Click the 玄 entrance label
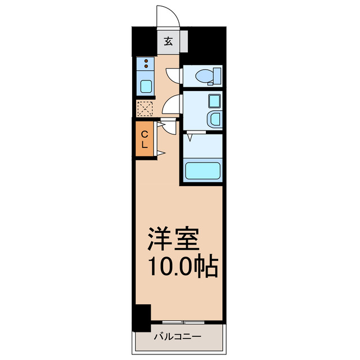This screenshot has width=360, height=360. [x=168, y=41]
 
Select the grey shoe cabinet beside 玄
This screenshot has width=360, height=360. [x=184, y=41]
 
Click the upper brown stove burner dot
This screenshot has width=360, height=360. [x=146, y=61]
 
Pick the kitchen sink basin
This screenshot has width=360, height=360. [x=146, y=86]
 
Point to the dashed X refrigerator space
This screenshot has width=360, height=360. [x=145, y=109]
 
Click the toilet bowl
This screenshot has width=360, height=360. [x=204, y=75]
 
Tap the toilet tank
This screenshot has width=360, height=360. [x=217, y=75]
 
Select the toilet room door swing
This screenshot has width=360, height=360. [x=173, y=76]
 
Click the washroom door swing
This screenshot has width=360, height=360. [x=171, y=104]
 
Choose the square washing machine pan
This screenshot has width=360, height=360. [x=214, y=101]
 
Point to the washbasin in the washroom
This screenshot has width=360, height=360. [x=215, y=119]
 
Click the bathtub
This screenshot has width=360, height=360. [x=202, y=171]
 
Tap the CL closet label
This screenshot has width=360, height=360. [x=144, y=139]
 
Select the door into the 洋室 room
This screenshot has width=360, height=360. [x=169, y=126]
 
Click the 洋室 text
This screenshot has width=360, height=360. [x=173, y=238]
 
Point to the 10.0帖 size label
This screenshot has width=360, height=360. [x=183, y=266]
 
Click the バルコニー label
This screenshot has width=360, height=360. [x=178, y=337]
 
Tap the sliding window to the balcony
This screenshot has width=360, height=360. [x=183, y=322]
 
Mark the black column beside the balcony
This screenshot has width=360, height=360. [x=142, y=318]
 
